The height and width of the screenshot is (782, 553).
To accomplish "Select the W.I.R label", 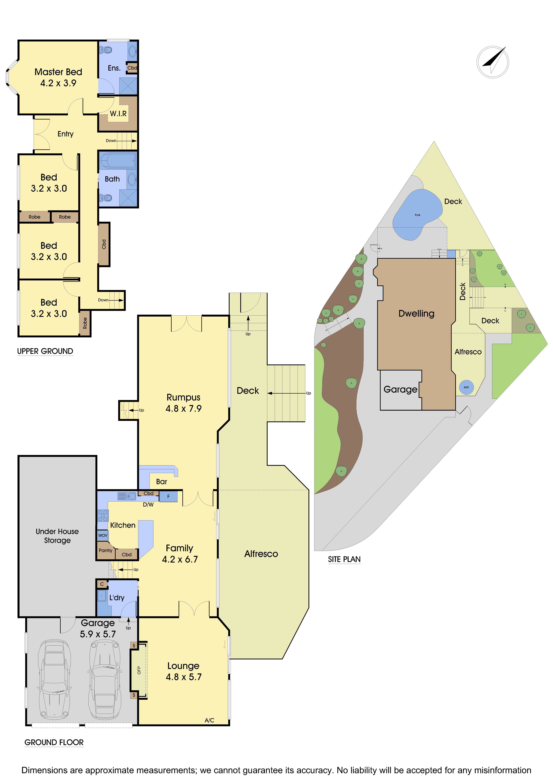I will pos(118,114).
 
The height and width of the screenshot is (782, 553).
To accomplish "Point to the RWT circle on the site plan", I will pos(466,387).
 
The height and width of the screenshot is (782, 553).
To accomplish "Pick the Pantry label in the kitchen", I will pos(105,550).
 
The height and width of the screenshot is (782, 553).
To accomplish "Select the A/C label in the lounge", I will pos(209,720).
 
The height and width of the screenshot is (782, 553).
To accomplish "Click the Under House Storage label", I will pos(57,536).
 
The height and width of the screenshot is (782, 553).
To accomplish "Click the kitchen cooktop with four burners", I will pos(103,515).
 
